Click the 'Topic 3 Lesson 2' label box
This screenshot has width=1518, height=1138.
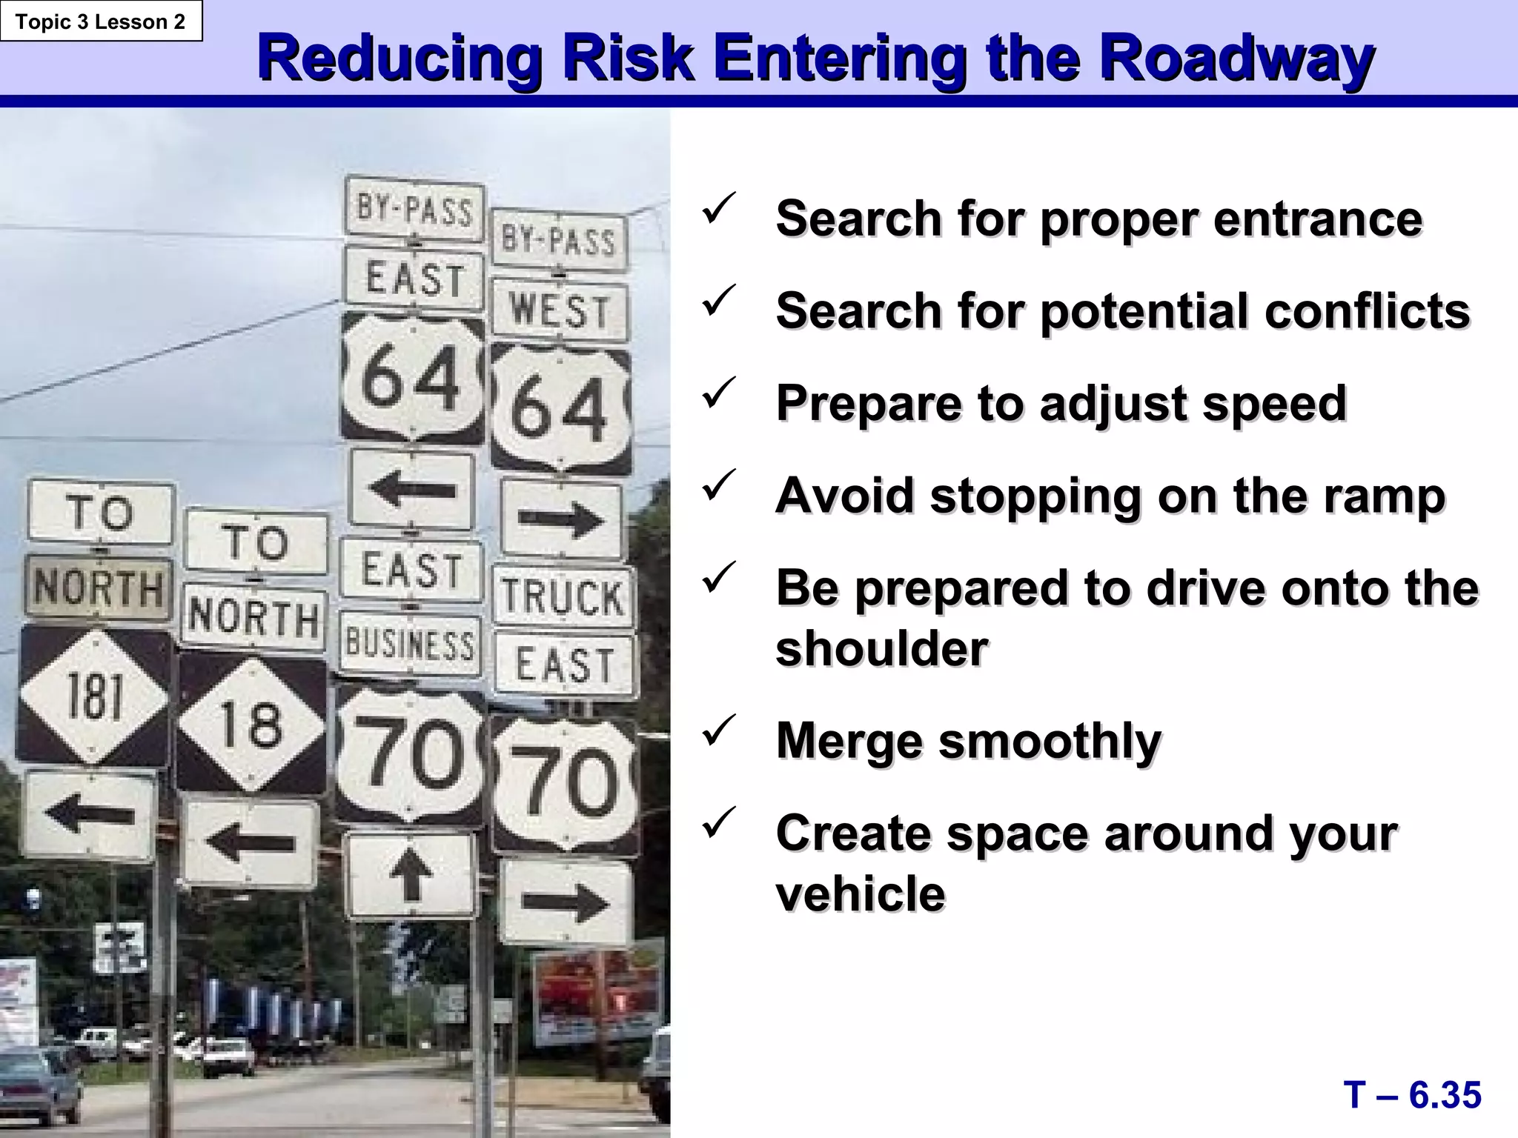click(101, 21)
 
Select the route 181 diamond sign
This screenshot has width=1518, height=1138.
click(94, 696)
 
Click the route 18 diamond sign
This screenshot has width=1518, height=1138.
click(252, 724)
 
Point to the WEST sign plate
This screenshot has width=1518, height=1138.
click(560, 310)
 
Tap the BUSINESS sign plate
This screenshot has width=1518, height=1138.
click(410, 645)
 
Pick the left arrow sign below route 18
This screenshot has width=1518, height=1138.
click(251, 843)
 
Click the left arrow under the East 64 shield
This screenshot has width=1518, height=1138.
click(411, 489)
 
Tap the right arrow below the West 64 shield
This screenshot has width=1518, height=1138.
click(561, 519)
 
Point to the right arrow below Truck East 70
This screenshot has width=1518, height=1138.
click(566, 902)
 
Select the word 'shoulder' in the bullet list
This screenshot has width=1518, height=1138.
click(882, 649)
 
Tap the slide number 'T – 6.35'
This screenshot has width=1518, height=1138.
click(1412, 1095)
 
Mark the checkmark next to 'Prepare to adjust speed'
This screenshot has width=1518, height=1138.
click(718, 393)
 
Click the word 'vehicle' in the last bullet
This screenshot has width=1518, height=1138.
click(861, 894)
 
